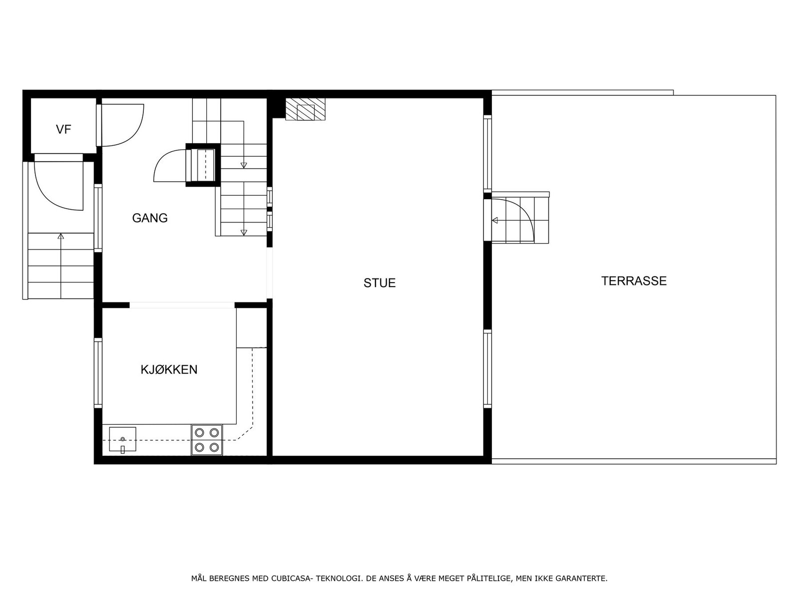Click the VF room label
click(63, 130)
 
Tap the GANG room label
click(150, 218)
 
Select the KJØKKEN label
click(169, 370)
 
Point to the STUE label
click(380, 283)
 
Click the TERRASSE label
click(634, 281)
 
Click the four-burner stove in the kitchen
click(207, 440)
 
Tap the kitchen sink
click(122, 440)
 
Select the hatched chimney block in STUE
click(305, 109)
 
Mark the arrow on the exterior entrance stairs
click(61, 236)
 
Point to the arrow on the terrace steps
click(495, 220)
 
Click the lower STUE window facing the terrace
click(487, 368)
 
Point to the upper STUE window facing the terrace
click(487, 153)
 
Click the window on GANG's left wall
click(98, 217)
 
